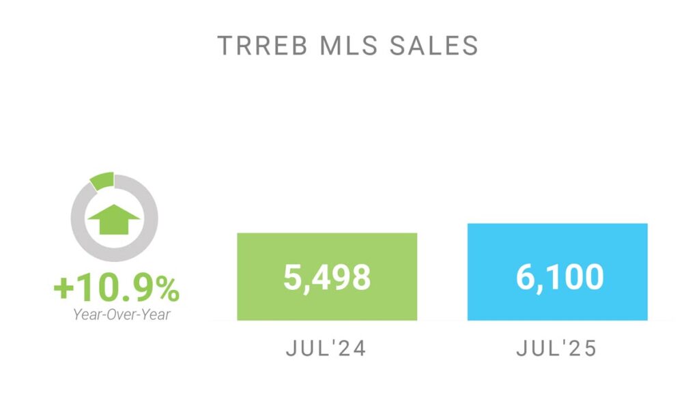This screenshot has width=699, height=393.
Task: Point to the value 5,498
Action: point(327,278)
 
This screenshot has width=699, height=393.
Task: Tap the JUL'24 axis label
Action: point(326,349)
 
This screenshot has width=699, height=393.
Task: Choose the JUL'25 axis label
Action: point(557,349)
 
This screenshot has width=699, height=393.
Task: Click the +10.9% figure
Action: point(116,290)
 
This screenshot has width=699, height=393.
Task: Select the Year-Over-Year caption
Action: point(116,315)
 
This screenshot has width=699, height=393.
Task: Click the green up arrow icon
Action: point(115,219)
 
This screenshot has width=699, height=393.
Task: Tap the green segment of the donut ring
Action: point(102,181)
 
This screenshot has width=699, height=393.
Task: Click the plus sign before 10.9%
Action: point(63,290)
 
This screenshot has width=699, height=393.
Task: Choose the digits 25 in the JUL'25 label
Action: point(584,349)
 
